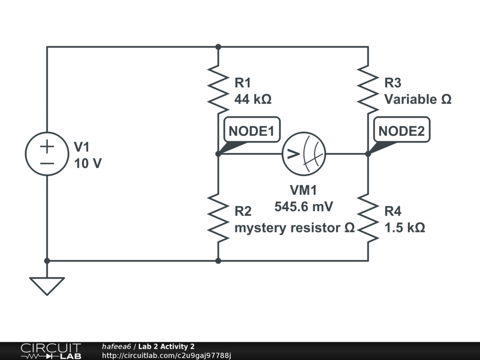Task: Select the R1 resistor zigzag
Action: (x=218, y=89)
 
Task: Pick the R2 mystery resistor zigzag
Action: (x=218, y=217)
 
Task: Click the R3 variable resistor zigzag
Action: (x=368, y=89)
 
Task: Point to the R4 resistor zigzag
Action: (x=368, y=217)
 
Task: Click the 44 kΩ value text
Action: (x=253, y=99)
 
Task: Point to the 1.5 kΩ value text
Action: (x=405, y=228)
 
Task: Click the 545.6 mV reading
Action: (x=303, y=207)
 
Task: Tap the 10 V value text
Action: (x=88, y=164)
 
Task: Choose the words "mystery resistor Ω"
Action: (x=294, y=228)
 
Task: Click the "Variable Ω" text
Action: (x=418, y=99)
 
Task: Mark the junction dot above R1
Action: (x=218, y=47)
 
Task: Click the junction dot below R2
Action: (x=218, y=261)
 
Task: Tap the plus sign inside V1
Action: (x=47, y=146)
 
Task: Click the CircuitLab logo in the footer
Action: (x=51, y=351)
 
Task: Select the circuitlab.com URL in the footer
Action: (x=166, y=355)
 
